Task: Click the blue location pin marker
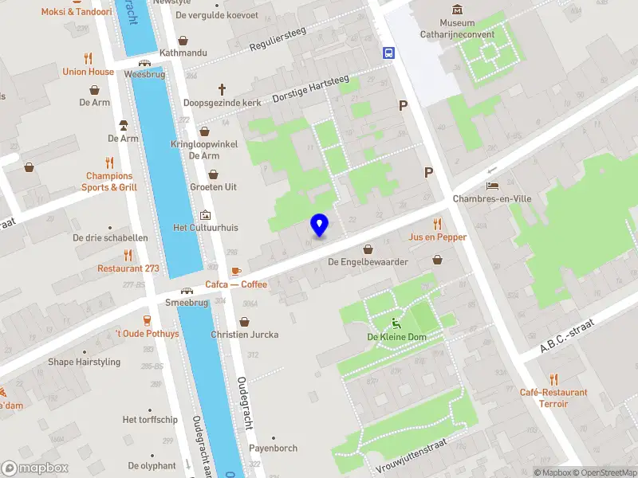pyautogui.click(x=320, y=225)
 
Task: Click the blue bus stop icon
pyautogui.click(x=388, y=54)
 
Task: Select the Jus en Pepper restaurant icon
pyautogui.click(x=437, y=223)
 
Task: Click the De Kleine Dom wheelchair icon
pyautogui.click(x=396, y=323)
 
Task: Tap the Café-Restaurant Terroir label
pyautogui.click(x=553, y=398)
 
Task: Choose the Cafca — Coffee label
pyautogui.click(x=236, y=284)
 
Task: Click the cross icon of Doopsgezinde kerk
pyautogui.click(x=223, y=89)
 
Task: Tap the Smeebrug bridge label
pyautogui.click(x=186, y=303)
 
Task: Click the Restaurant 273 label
pyautogui.click(x=128, y=268)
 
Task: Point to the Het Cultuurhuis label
pyautogui.click(x=206, y=227)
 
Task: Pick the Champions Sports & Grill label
pyautogui.click(x=109, y=182)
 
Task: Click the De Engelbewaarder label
pyautogui.click(x=368, y=261)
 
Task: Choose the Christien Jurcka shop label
pyautogui.click(x=244, y=335)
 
